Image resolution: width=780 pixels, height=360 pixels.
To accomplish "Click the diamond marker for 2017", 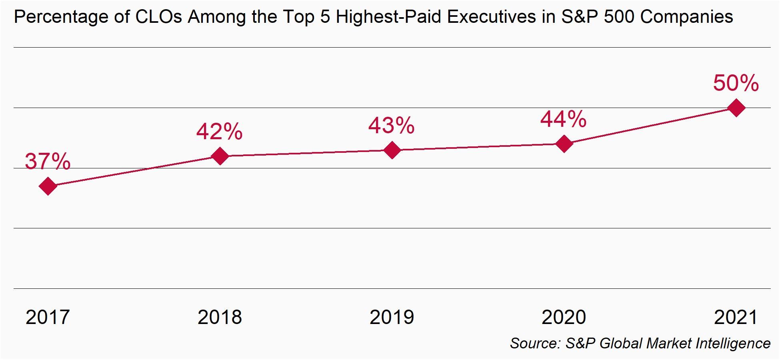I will pos(48,186).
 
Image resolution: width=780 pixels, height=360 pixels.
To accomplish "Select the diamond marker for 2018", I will pos(220,156).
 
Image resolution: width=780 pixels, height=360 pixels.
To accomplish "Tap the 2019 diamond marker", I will pos(392,150).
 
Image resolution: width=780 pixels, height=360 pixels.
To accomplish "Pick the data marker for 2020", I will pos(564,144).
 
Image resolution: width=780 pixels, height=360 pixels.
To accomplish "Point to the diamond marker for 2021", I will pos(736,108).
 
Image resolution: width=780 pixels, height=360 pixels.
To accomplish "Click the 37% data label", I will pos(48,162).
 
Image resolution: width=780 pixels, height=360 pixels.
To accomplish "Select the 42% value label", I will pos(219,131).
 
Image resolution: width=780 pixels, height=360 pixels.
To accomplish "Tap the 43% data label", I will pos(391,126).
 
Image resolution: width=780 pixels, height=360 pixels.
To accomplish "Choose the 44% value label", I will pos(563,119).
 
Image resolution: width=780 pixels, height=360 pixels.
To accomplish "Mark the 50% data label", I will pos(736,83).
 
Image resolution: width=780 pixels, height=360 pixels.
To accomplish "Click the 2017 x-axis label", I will pos(48,317).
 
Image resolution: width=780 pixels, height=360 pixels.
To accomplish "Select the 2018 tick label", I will pos(220,317).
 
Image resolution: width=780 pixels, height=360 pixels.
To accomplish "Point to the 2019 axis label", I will pos(392,317).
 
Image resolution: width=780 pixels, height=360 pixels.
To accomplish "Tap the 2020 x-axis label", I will pos(564,317).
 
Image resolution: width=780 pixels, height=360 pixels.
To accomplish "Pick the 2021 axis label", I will pos(736,317).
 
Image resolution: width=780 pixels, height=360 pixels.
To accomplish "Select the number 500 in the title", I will pos(617,17).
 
